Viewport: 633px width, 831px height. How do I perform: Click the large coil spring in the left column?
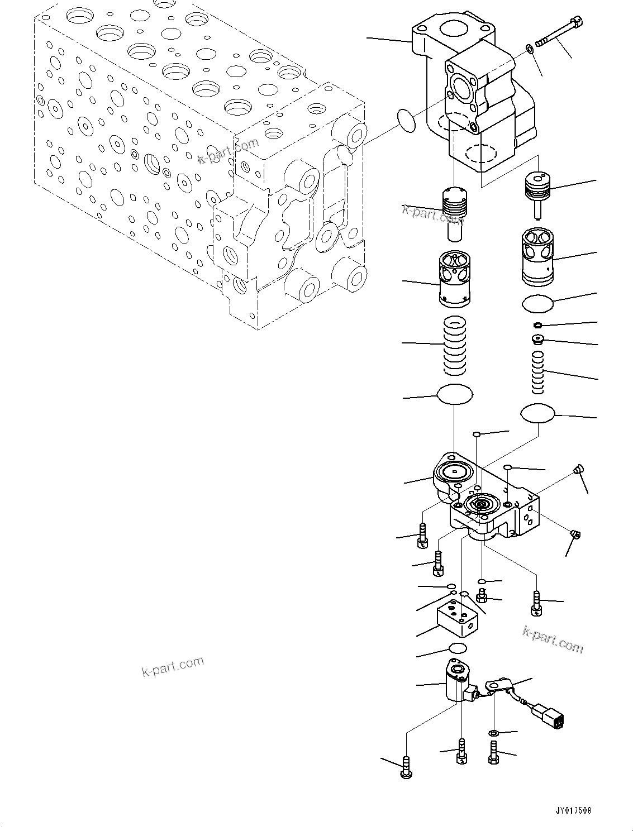click(x=454, y=346)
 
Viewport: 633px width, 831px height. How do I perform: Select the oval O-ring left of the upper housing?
click(x=407, y=120)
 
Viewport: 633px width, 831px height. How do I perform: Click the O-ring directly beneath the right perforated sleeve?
click(x=537, y=304)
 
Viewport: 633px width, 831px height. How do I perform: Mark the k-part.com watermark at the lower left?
click(x=173, y=666)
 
